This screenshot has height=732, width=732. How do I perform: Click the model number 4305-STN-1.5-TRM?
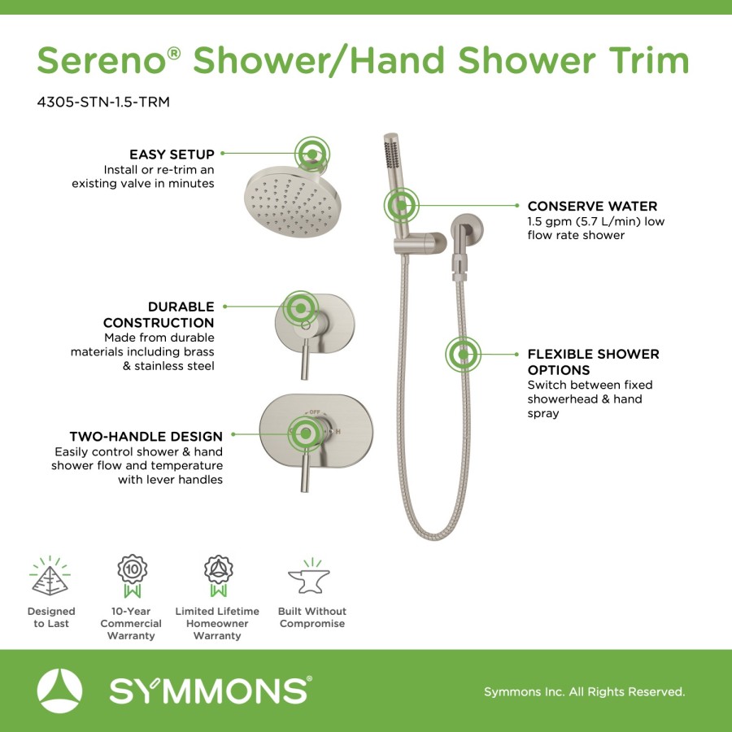[103, 102]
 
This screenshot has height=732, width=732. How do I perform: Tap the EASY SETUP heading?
[172, 154]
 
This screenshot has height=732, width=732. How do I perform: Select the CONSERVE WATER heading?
[592, 206]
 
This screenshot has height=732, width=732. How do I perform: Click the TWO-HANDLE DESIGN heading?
[146, 437]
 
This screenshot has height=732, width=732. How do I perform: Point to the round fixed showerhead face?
[293, 203]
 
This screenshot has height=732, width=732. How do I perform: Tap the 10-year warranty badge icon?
[132, 576]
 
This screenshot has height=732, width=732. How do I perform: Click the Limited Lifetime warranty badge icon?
[218, 576]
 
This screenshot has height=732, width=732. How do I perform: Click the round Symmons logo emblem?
[59, 691]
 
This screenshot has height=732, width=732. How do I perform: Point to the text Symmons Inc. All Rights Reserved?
[584, 691]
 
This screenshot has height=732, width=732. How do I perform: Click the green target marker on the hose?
[463, 355]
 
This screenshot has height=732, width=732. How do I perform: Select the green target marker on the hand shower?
[401, 205]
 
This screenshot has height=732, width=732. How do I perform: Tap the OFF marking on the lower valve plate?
[315, 412]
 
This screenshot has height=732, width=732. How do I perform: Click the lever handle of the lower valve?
[305, 472]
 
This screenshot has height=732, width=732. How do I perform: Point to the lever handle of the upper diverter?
[305, 359]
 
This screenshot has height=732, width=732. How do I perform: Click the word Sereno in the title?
[102, 60]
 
